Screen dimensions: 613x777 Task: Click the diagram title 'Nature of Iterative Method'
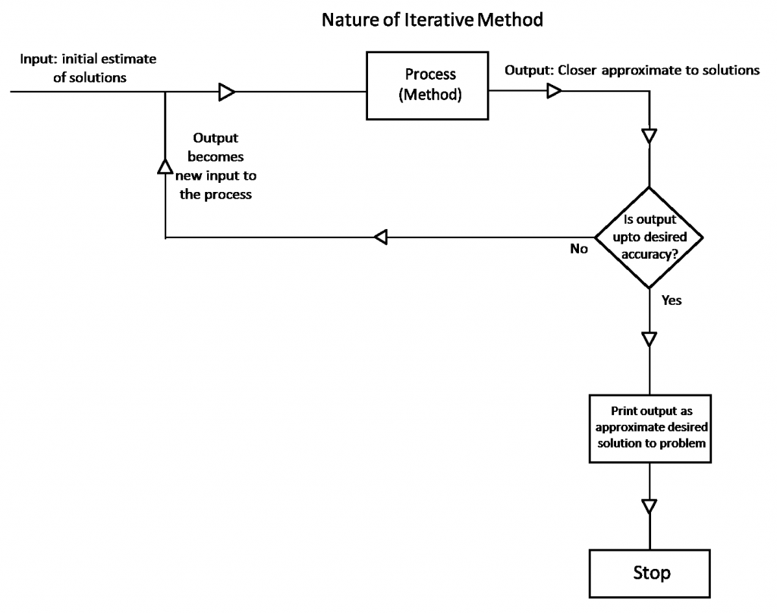[432, 20]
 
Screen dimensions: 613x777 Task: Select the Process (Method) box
[429, 86]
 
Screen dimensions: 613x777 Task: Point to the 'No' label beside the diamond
[579, 249]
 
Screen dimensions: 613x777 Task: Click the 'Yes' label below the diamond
[672, 300]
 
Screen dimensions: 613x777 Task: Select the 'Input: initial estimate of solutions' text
[90, 68]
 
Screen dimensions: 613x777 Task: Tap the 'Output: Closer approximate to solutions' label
[632, 71]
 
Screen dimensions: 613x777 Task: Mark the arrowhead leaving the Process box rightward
[555, 92]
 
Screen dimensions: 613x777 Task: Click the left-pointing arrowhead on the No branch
[382, 237]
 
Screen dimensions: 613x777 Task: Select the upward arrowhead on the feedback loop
[165, 166]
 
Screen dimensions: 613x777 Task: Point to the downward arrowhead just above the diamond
[650, 137]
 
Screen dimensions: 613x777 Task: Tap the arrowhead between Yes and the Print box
[650, 338]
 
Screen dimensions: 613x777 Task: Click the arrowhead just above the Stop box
[650, 506]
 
